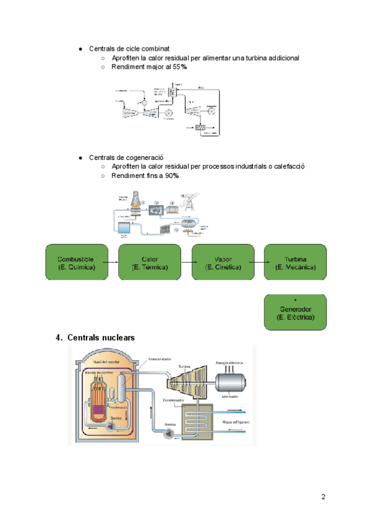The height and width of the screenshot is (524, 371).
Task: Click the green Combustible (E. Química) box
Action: [x=75, y=262]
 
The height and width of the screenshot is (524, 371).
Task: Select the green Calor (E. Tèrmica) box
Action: [x=149, y=262]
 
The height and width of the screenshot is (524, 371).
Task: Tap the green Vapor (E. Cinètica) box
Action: [x=223, y=262]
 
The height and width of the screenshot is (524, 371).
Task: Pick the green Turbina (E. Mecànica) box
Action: [x=295, y=262]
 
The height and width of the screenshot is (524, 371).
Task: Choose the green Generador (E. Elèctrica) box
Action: [x=295, y=312]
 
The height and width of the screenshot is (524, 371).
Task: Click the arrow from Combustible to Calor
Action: [x=112, y=262]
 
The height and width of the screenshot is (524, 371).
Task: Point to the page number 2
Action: [x=323, y=497]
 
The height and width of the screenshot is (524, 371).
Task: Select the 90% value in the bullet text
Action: [x=172, y=176]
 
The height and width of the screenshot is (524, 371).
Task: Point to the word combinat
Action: [x=155, y=48]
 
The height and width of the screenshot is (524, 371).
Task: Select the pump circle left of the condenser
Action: [x=168, y=434]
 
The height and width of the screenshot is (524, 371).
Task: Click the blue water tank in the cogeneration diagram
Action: [x=133, y=226]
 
